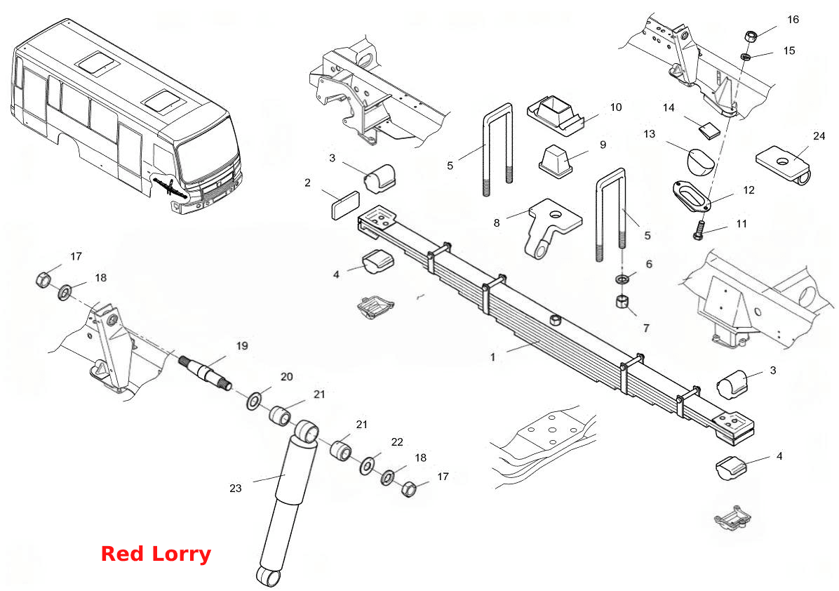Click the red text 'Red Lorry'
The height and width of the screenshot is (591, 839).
156,554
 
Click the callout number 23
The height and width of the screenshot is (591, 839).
236,489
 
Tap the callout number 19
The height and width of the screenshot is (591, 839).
242,346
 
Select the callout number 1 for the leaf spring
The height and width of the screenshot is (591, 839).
492,357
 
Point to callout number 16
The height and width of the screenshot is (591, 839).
793,19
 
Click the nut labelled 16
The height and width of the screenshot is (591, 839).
751,37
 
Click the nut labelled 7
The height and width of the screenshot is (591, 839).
622,301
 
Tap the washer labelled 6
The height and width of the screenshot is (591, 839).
622,279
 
